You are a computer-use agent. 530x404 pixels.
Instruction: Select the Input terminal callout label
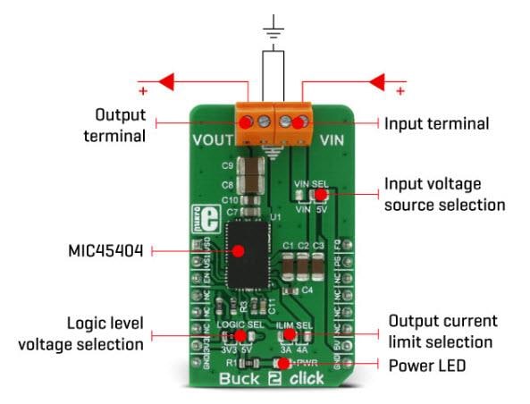[x=436, y=123]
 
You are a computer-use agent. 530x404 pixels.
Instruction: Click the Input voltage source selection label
[x=444, y=194]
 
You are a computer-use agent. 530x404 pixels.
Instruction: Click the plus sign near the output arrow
[x=141, y=92]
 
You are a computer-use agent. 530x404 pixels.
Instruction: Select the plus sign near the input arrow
[x=400, y=92]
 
